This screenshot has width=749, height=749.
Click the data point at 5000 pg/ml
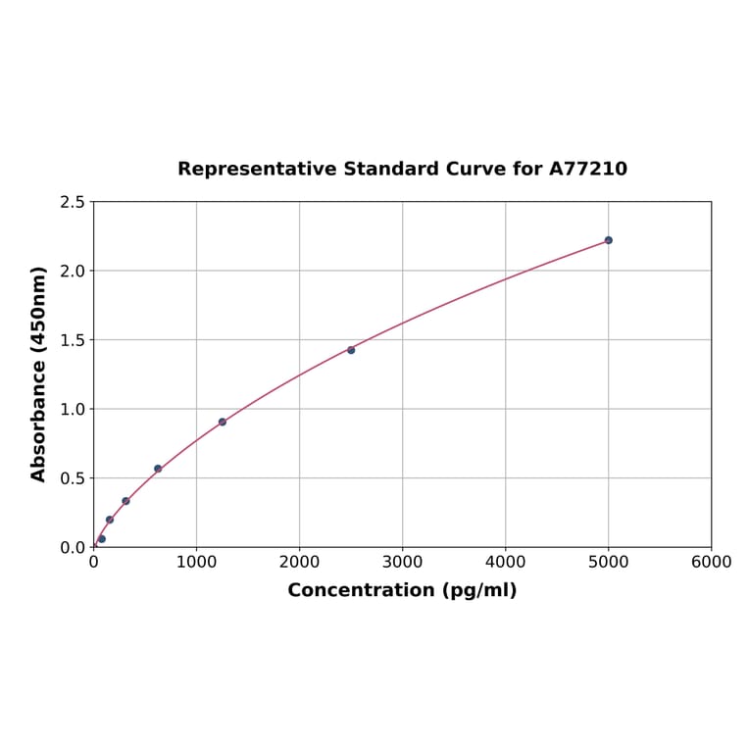[608, 240]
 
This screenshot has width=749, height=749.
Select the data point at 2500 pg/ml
[351, 350]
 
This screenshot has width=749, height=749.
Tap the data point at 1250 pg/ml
[223, 422]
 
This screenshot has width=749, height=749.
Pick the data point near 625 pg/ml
[158, 469]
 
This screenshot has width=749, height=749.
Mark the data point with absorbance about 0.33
[125, 501]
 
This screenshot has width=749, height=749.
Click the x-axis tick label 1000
[196, 563]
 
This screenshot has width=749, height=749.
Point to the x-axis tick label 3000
[402, 563]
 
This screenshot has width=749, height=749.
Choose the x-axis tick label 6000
[711, 563]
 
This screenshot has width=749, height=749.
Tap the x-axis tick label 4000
[505, 563]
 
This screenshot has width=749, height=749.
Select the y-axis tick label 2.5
[73, 202]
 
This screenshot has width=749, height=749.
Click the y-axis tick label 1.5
[73, 340]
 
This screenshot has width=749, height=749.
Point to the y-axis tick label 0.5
[73, 478]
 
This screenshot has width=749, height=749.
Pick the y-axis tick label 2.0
[73, 271]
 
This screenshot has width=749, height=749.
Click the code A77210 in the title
[587, 170]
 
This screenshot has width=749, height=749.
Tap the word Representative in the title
[258, 170]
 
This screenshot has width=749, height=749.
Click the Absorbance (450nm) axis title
[39, 374]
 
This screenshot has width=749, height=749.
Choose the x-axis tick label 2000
[299, 563]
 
